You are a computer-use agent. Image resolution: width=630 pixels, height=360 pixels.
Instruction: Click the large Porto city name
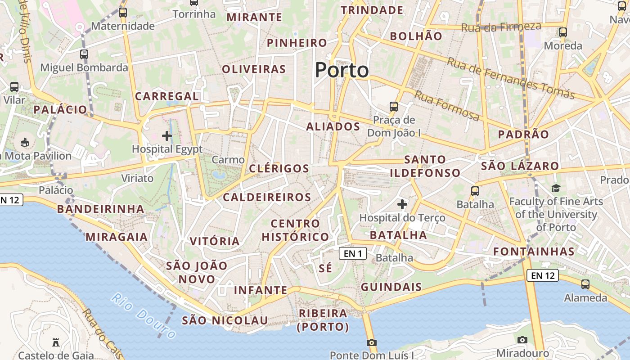pos(342,70)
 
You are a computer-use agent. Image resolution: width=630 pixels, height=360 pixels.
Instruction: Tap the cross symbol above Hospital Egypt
pos(167,135)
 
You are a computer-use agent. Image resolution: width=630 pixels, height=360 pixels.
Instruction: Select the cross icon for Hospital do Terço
pos(402,205)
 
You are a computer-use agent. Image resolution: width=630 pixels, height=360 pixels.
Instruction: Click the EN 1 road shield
pos(353,253)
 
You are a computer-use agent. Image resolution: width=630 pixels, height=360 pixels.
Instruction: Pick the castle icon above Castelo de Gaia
pos(56,342)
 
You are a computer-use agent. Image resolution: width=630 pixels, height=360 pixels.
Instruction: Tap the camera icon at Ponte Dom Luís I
pos(371,343)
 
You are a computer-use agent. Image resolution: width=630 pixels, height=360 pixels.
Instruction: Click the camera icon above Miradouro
pos(522,340)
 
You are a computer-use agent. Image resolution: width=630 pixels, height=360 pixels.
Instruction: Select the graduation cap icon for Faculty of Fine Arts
pos(556,188)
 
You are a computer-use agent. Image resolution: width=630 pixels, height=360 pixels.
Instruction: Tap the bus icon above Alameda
pos(585,284)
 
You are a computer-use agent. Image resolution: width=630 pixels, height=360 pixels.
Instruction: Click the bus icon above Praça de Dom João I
pos(394,107)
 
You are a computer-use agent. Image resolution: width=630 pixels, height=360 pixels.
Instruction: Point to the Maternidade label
pos(123,26)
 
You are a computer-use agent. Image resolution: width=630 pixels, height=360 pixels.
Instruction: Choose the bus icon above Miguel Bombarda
pos(84,54)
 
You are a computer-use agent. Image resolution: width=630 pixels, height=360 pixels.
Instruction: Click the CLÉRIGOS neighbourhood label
pos(279,169)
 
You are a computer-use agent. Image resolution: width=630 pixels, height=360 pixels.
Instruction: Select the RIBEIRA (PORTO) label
pos(323,320)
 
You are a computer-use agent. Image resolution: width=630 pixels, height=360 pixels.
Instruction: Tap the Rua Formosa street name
pos(446,106)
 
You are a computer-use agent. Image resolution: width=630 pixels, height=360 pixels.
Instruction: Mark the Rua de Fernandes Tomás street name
pos(510,78)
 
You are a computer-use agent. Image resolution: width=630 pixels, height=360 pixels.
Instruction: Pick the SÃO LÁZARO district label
pos(520,166)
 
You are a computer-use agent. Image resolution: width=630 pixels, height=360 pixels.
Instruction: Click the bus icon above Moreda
pos(563,32)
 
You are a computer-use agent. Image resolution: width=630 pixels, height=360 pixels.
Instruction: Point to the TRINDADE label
pos(372,10)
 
